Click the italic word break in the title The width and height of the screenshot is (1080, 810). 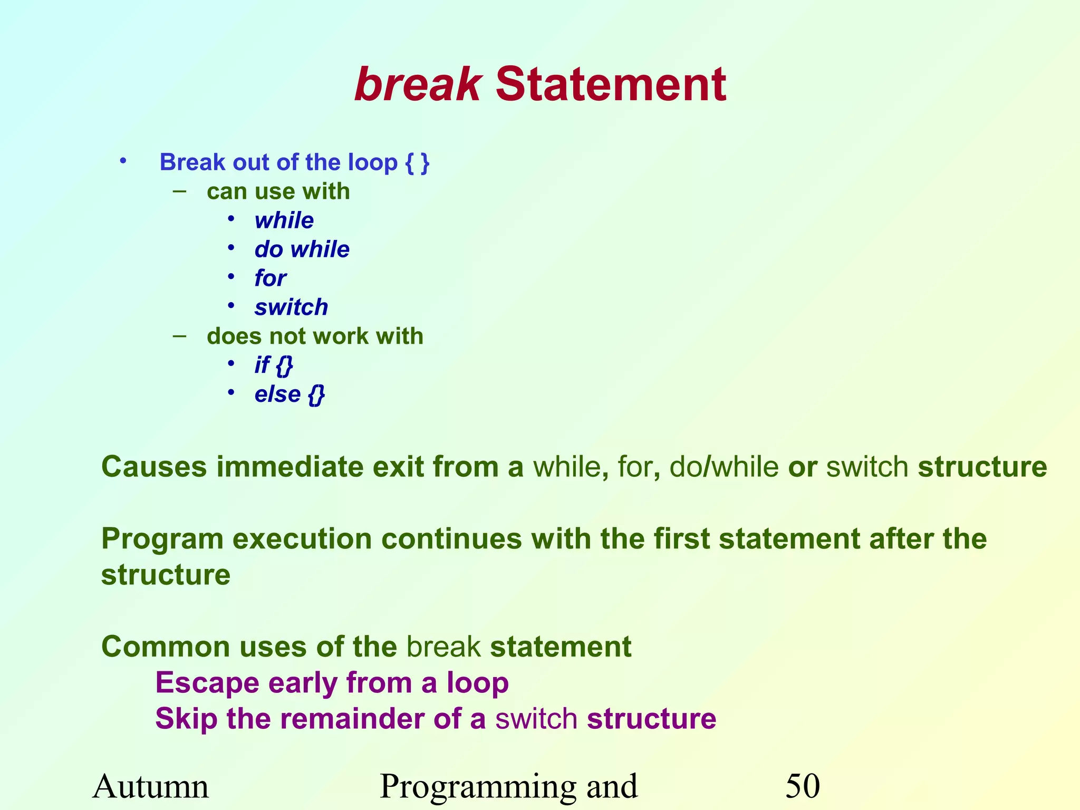pyautogui.click(x=418, y=84)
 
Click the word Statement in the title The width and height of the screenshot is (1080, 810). pyautogui.click(x=611, y=84)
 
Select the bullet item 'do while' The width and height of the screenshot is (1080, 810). pyautogui.click(x=302, y=249)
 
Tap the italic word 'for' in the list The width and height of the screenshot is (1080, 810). pyautogui.click(x=270, y=278)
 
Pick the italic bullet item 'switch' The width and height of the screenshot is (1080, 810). pyautogui.click(x=291, y=307)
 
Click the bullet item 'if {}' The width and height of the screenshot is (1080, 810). pyautogui.click(x=273, y=365)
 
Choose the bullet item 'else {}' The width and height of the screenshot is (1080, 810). pyautogui.click(x=289, y=394)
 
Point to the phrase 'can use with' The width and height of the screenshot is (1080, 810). pyautogui.click(x=278, y=191)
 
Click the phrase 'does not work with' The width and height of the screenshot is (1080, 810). pyautogui.click(x=315, y=336)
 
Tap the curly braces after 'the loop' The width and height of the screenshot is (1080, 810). pyautogui.click(x=417, y=162)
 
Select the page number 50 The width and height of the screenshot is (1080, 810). pyautogui.click(x=802, y=786)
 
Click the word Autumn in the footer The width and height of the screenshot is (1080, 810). pyautogui.click(x=151, y=786)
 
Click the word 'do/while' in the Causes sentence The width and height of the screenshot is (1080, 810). pyautogui.click(x=724, y=467)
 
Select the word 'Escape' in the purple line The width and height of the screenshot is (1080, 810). pyautogui.click(x=207, y=683)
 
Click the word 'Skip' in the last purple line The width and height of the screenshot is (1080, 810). pyautogui.click(x=186, y=719)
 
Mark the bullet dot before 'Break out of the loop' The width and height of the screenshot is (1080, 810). pyautogui.click(x=123, y=161)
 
